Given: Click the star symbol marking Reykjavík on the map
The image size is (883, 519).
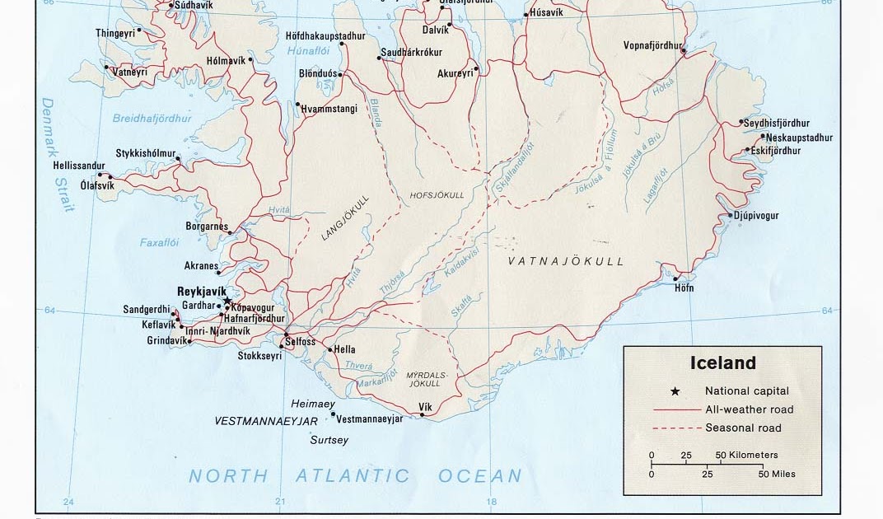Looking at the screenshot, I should click(227, 302).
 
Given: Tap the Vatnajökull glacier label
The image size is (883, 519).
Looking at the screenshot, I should click(566, 261).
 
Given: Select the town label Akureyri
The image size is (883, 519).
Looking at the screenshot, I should click(456, 73).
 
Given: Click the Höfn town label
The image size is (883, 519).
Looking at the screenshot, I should click(684, 288).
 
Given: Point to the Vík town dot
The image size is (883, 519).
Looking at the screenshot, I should click(423, 415).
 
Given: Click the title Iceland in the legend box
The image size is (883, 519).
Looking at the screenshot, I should click(722, 362).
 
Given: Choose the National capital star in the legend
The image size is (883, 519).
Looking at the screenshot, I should click(675, 391).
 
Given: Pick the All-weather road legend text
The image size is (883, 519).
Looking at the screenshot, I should click(749, 409).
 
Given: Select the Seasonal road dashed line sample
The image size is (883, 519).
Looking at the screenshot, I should click(675, 428).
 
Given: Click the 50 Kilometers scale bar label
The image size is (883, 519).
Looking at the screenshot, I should click(747, 455).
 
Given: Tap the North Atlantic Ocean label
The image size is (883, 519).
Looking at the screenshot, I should click(355, 475).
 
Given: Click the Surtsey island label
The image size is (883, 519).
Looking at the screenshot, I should click(329, 440).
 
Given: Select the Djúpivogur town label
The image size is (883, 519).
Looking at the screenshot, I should click(755, 216).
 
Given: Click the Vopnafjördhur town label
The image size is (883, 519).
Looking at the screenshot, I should click(653, 45).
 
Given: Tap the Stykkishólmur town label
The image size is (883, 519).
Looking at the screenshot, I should click(146, 153).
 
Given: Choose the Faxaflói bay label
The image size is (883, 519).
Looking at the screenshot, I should click(159, 243).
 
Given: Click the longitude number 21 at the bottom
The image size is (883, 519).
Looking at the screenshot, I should click(280, 502).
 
